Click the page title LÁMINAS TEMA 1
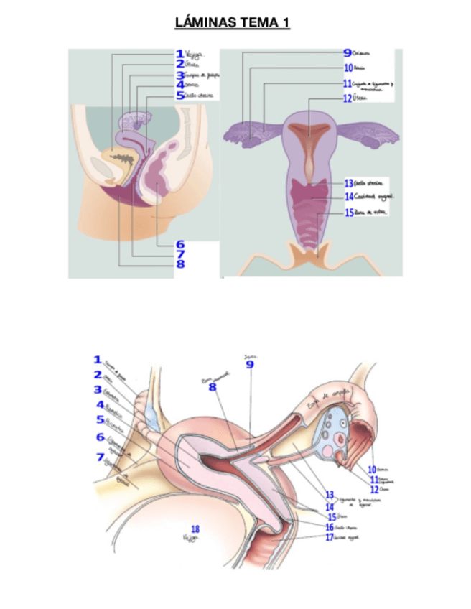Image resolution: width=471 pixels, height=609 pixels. click(x=232, y=24)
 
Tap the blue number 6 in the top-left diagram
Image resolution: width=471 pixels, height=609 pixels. click(x=179, y=244)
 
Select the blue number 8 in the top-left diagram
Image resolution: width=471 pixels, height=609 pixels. click(x=179, y=264)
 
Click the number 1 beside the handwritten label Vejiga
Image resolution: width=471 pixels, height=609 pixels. click(x=179, y=53)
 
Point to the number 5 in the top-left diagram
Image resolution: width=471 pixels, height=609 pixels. click(x=179, y=94)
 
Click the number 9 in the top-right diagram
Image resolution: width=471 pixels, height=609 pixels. click(x=347, y=53)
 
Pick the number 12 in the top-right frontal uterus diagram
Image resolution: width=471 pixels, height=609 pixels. click(x=348, y=98)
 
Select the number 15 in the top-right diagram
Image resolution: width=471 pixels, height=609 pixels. click(x=349, y=213)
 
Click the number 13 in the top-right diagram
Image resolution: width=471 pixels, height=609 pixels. click(x=349, y=183)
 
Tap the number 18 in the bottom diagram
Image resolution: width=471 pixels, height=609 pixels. click(x=195, y=529)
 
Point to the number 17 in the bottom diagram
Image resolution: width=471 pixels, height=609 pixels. click(x=330, y=537)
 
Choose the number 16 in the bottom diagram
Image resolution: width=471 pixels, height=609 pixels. click(x=330, y=526)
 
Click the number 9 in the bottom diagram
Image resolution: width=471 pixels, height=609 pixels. click(x=250, y=365)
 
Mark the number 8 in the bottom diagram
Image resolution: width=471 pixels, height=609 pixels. click(x=213, y=387)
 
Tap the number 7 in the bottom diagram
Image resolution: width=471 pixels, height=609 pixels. click(x=100, y=456)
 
